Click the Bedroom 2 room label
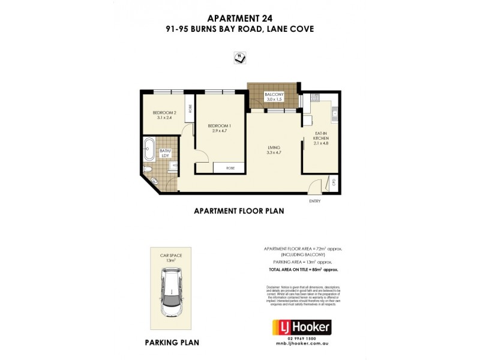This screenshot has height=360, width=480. coord(164,115)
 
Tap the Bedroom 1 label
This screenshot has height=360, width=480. coord(220,128)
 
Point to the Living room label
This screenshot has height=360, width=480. coord(275,149)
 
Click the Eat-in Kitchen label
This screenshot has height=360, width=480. coord(322,139)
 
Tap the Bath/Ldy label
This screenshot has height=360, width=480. coord(164,154)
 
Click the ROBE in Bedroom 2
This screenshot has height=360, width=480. coord(190,109)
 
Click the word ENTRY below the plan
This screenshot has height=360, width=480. coord(315,201)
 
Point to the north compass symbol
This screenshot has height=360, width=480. coord(239,58)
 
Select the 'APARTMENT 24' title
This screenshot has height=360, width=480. coord(240,17)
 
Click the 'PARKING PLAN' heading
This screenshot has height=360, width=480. coord(171,343)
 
